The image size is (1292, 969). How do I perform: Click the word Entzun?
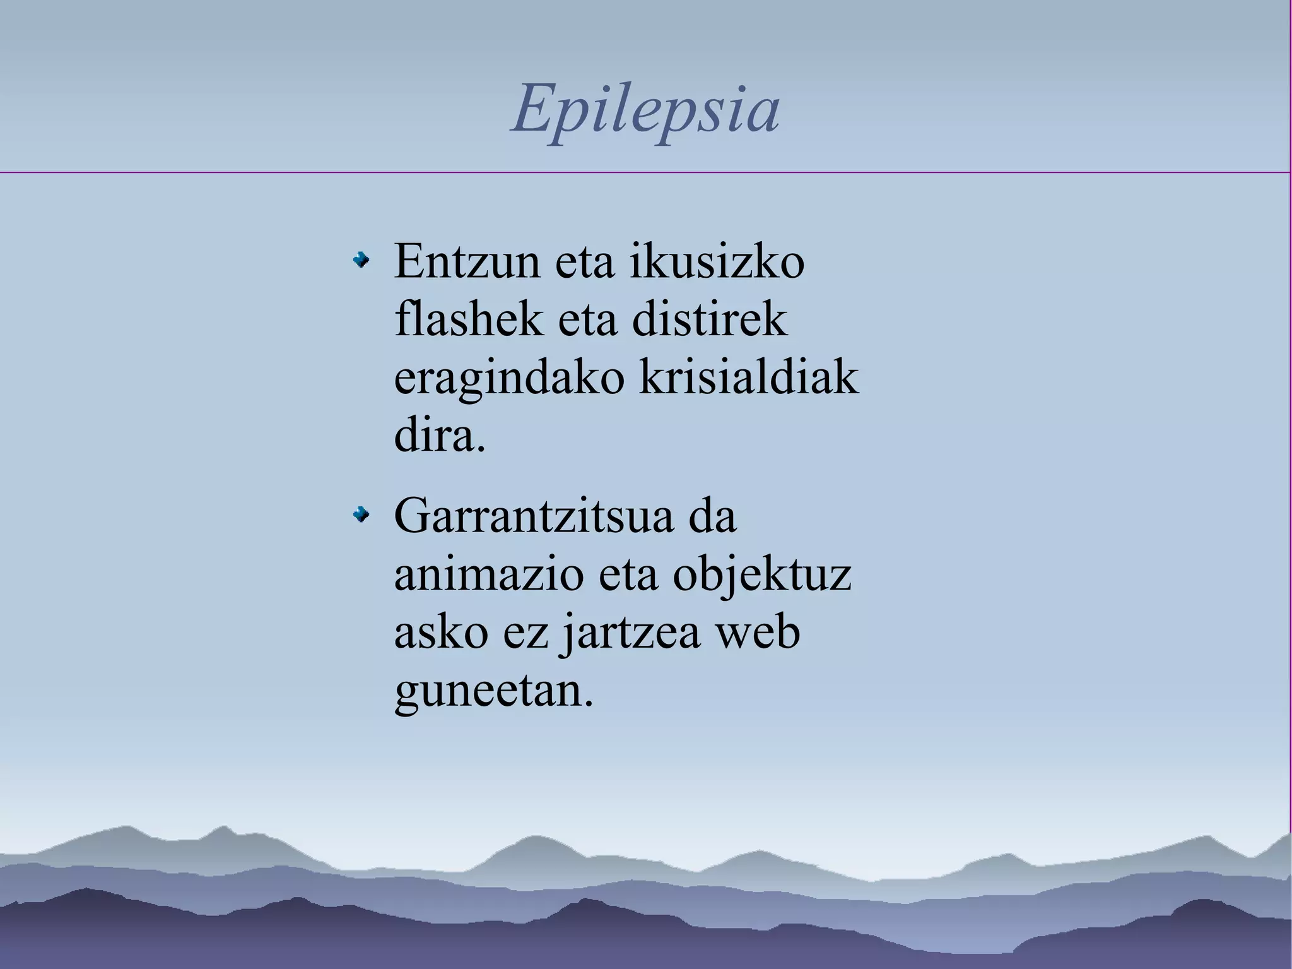[x=467, y=261]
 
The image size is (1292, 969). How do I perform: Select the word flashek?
[x=468, y=319]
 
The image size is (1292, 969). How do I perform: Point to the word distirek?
[x=710, y=319]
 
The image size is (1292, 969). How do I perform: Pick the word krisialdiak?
[x=749, y=377]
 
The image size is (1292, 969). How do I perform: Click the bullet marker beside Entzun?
[x=361, y=259]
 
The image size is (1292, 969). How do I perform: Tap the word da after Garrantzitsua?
[x=712, y=516]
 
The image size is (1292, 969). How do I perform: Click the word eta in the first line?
[x=584, y=261]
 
